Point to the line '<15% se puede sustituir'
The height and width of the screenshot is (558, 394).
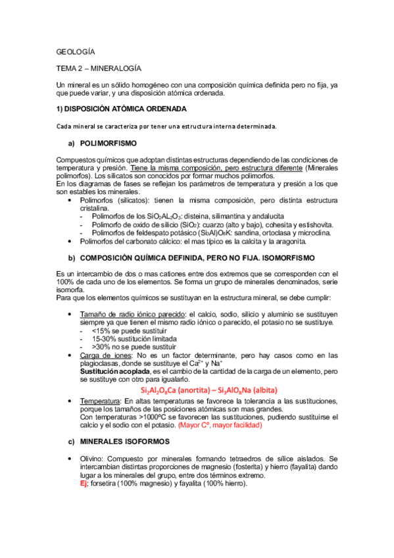coord(129,331)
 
